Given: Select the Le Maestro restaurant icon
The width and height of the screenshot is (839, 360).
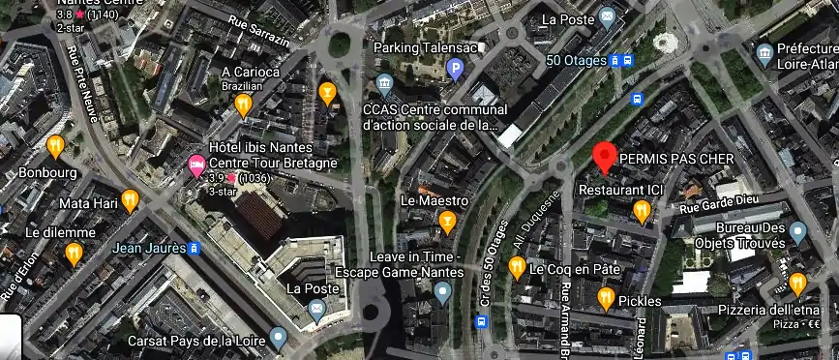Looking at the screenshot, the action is [447, 223].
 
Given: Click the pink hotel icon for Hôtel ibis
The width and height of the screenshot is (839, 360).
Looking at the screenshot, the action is [195, 168].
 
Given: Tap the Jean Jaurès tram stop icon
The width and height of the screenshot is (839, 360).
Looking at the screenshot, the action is [194, 249].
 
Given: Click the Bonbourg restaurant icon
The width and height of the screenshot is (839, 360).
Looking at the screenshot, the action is [55, 146].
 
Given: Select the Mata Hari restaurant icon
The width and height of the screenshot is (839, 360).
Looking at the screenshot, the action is [130, 200].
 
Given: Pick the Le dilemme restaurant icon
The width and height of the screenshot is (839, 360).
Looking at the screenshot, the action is [74, 253].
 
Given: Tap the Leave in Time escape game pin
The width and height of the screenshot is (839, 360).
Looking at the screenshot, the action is [442, 292].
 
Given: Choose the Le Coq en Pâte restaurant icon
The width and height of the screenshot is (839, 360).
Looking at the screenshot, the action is [517, 267].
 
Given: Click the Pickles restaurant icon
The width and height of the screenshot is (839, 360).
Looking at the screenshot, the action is [606, 299].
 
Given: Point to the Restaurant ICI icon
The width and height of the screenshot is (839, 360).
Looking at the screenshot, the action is [641, 210].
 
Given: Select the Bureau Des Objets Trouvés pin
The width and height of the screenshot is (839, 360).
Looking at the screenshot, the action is [797, 231].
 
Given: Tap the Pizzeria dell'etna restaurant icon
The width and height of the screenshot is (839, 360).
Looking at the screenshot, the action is [797, 283].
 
